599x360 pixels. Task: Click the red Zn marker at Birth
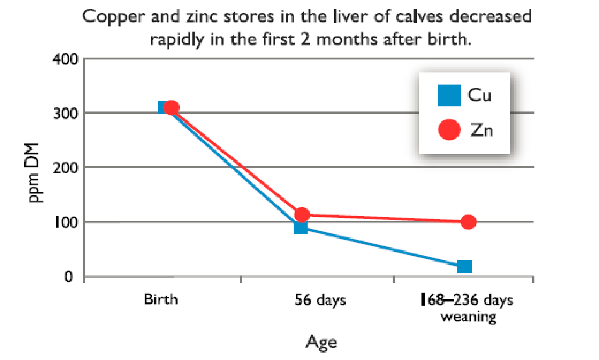pyautogui.click(x=171, y=107)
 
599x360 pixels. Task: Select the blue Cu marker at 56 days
pyautogui.click(x=301, y=227)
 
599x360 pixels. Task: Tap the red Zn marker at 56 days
pyautogui.click(x=302, y=215)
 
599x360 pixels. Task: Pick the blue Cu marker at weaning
pyautogui.click(x=464, y=266)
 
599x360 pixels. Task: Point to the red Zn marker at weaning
pyautogui.click(x=468, y=222)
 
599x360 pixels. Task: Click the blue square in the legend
pyautogui.click(x=449, y=95)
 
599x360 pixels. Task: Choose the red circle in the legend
pyautogui.click(x=449, y=130)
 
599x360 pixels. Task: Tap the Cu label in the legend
pyautogui.click(x=480, y=96)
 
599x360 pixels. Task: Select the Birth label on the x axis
pyautogui.click(x=161, y=299)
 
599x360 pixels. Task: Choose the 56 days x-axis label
pyautogui.click(x=321, y=300)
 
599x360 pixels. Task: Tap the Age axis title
pyautogui.click(x=321, y=342)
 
